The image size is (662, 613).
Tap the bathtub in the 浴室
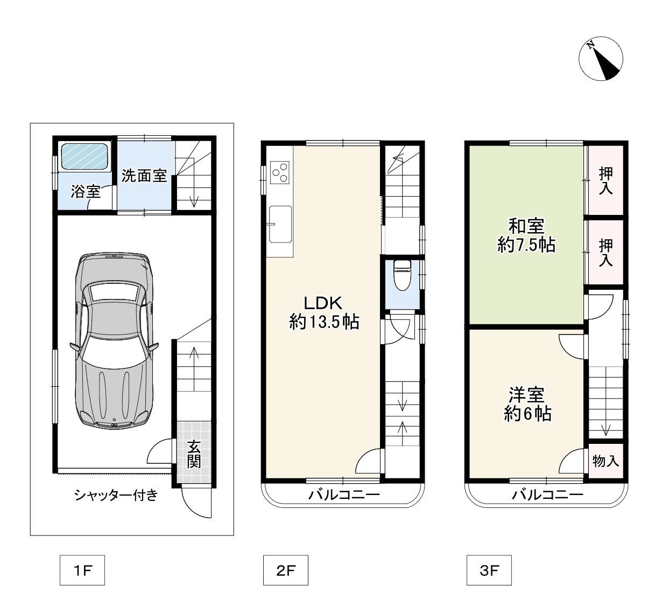85,156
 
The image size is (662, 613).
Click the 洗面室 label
144,176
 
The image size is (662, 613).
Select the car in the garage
114,340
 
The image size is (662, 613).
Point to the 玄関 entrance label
194,454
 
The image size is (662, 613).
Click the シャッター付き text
116,495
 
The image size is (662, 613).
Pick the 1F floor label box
82,570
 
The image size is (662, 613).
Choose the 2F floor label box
286,570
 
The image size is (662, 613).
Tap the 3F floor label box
489,570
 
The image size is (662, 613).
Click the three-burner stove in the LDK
280,172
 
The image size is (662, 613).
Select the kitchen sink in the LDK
280,224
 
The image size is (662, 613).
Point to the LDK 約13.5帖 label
324,312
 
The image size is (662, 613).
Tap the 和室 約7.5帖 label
526,235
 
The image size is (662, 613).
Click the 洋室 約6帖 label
527,404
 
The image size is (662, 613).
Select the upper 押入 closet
605,180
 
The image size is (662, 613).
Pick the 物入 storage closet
605,461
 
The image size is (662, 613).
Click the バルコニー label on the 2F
344,494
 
